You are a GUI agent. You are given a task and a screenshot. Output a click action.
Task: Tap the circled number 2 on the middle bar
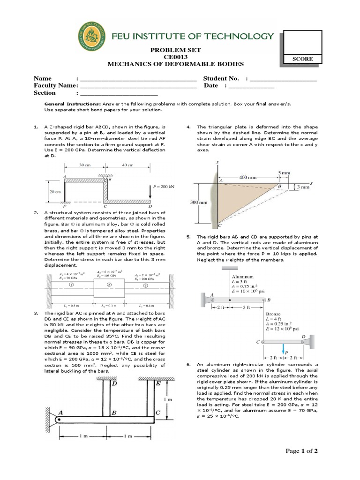point(108,285)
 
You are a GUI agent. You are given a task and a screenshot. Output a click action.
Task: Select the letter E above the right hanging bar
point(157,383)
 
